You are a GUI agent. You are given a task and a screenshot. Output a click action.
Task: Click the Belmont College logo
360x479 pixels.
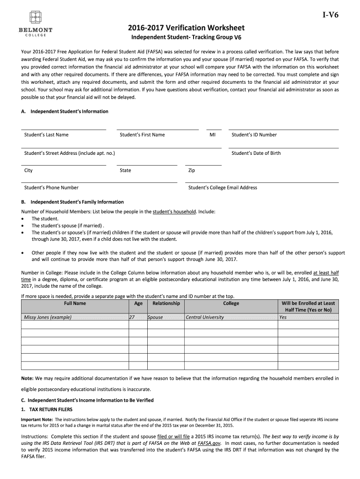(36, 24)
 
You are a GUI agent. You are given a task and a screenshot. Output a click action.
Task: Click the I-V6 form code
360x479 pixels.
(331, 15)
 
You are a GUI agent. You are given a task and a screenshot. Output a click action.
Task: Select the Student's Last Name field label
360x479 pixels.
(46, 135)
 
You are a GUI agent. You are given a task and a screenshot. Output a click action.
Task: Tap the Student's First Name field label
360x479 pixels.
(142, 135)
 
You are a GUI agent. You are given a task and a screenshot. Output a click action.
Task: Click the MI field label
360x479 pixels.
(213, 135)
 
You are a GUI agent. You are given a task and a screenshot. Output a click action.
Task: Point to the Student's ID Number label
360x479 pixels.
(254, 135)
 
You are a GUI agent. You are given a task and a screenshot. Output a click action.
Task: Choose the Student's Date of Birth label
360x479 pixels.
(256, 153)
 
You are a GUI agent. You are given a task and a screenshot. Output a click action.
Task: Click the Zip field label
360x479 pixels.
(191, 170)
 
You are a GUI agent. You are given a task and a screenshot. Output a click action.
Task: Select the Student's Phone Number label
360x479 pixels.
(51, 188)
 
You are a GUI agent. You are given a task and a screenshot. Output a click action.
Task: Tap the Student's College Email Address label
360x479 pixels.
(223, 188)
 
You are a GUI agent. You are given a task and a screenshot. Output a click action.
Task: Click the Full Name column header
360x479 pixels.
(75, 303)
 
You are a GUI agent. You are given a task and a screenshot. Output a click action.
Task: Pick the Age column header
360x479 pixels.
(138, 303)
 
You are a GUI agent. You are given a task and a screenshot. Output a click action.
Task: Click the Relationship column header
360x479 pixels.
(166, 303)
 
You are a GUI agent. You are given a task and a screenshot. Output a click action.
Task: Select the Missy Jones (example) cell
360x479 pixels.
(48, 317)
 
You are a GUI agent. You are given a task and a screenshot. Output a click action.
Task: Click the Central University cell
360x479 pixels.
(205, 317)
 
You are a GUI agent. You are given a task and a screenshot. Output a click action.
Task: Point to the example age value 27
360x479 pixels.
(132, 317)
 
